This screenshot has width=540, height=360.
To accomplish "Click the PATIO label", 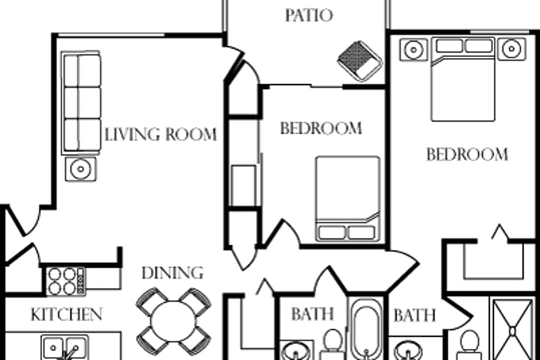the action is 309,15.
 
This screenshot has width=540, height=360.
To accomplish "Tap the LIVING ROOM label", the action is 160,134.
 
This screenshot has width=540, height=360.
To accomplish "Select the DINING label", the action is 172,273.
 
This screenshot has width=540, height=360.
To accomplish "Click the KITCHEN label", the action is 66,314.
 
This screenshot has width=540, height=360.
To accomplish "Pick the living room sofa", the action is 81,102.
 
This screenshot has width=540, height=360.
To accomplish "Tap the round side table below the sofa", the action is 81,169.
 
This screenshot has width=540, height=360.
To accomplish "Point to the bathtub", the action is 365,329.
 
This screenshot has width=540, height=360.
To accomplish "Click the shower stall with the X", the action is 512,329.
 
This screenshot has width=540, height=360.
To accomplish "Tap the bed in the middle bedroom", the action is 348,199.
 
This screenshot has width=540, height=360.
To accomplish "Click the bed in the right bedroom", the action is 463,79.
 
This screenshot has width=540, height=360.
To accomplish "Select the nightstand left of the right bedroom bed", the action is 413,49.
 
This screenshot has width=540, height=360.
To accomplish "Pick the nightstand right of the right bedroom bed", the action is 512,49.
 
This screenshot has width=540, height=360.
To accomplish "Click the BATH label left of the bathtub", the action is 312,314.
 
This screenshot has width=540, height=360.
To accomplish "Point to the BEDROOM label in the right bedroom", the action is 467,154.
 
